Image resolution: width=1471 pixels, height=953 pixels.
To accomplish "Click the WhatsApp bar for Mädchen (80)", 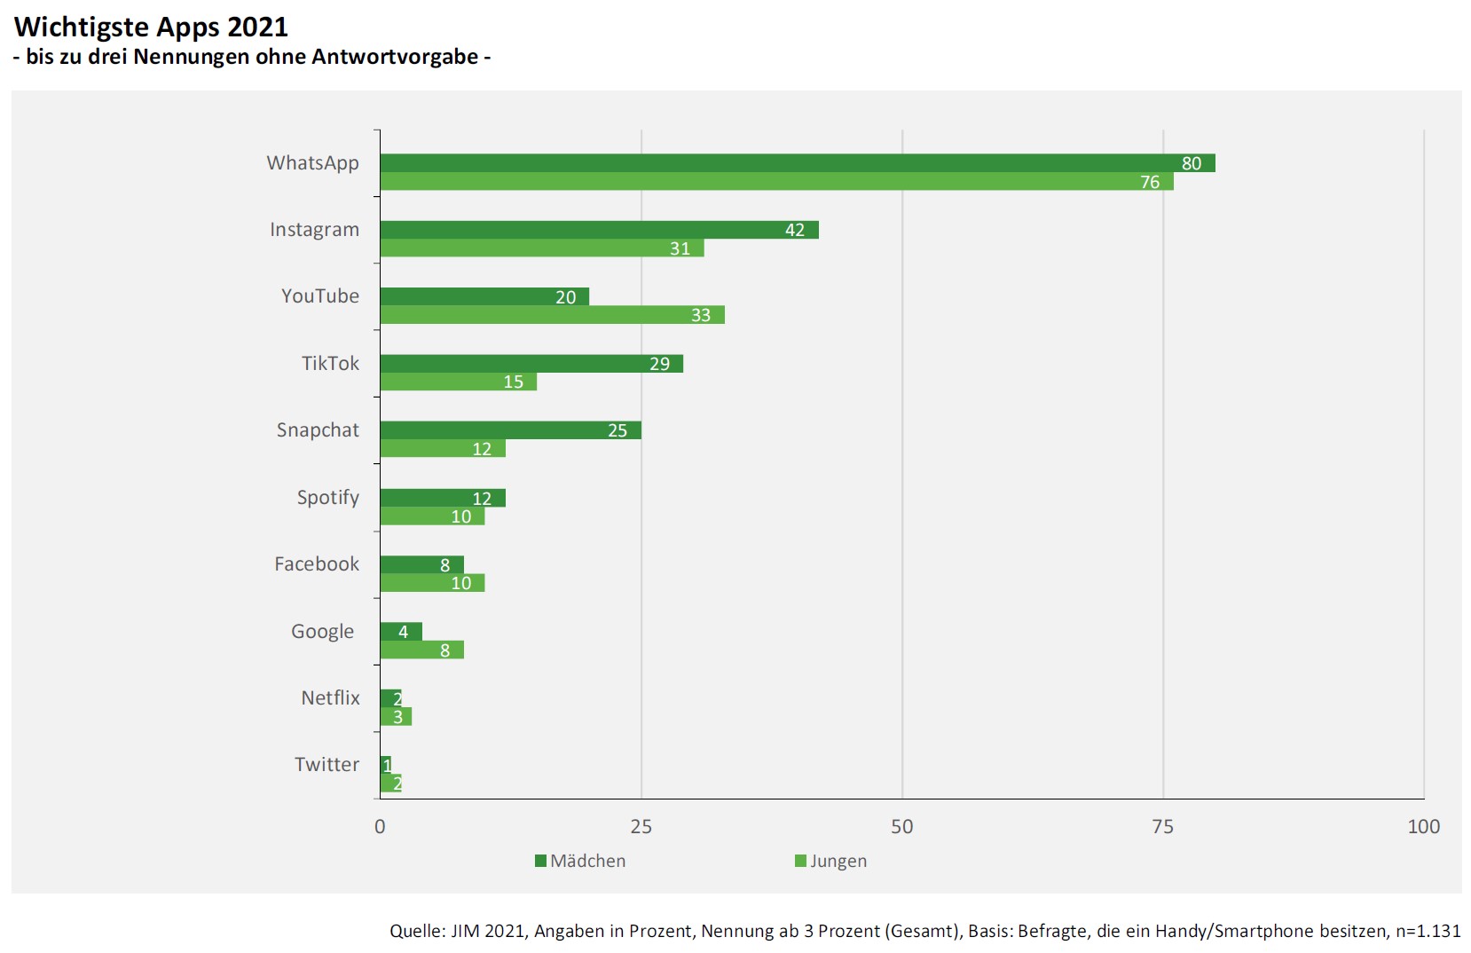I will [797, 163].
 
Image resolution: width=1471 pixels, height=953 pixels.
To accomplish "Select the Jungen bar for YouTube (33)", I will [552, 315].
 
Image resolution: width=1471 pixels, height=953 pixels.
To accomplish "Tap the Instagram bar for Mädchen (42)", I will [599, 230].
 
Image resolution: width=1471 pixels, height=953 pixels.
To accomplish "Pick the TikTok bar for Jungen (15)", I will [458, 382].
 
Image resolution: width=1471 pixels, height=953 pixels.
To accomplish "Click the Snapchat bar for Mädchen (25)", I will [510, 430].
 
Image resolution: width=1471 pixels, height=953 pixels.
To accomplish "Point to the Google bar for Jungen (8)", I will [421, 650].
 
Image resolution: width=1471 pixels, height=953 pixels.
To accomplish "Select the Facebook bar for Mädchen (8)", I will [421, 565].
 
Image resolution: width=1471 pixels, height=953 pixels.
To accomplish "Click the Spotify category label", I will [327, 498].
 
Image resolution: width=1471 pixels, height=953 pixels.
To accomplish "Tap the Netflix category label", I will [330, 698].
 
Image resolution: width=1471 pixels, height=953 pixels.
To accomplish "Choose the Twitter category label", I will [326, 765].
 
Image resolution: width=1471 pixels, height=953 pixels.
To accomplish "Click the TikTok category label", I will [330, 364].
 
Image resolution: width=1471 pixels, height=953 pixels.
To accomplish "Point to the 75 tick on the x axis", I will [1162, 827].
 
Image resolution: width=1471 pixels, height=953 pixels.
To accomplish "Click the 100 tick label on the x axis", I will [1423, 827].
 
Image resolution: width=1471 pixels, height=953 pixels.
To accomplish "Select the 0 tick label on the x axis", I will [380, 827].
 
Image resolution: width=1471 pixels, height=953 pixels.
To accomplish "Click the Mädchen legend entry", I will [580, 862].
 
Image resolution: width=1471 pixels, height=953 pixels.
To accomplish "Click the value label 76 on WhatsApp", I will [1150, 183].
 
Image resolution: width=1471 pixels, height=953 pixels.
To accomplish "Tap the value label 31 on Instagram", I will [680, 249].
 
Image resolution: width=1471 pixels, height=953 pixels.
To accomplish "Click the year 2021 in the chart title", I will [257, 28].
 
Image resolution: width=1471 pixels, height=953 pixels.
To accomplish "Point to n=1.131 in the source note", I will [1428, 931].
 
